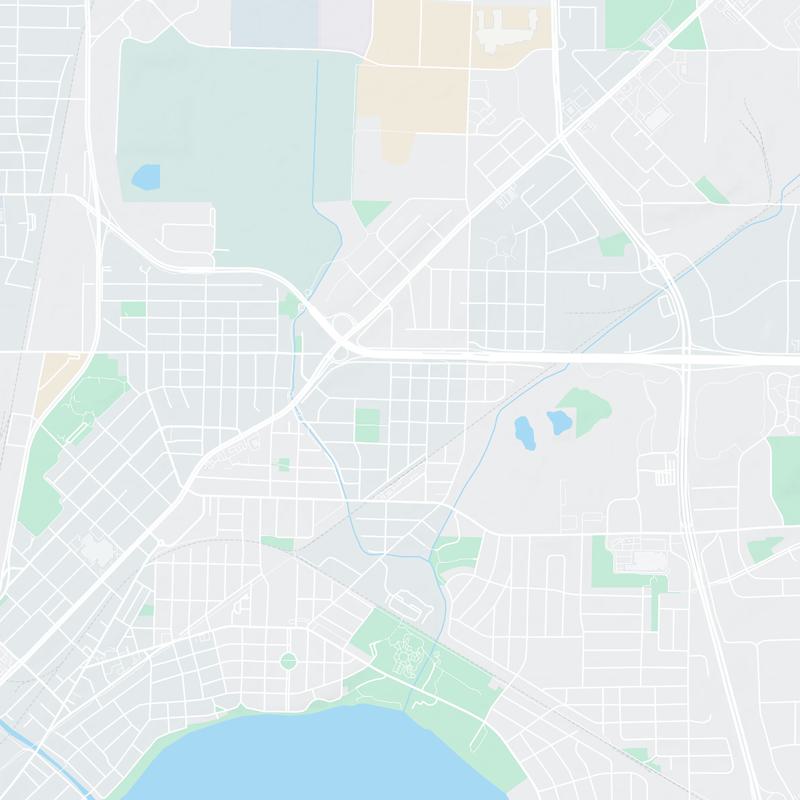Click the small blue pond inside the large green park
145,178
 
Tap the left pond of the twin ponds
523,431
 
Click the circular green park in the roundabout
289,660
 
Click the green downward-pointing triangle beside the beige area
370,211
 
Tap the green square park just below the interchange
367,424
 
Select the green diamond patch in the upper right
711,190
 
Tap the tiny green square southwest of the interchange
283,464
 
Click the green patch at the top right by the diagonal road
640,25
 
